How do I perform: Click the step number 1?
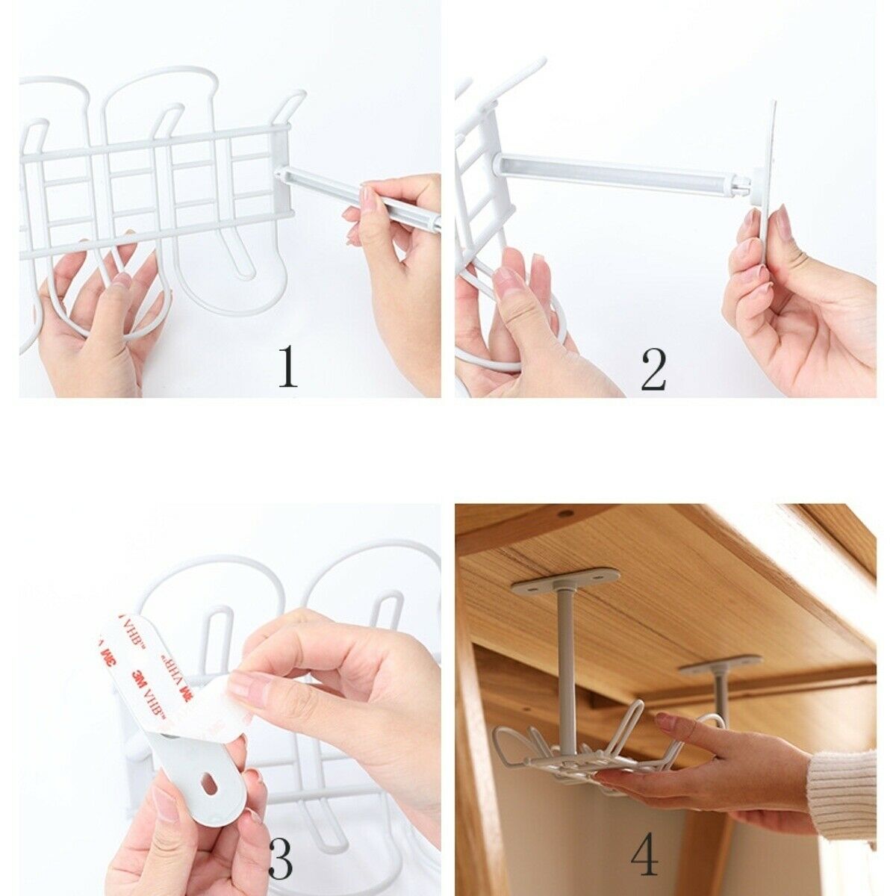tap(288, 366)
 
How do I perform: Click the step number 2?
tap(653, 368)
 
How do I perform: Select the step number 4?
tap(644, 854)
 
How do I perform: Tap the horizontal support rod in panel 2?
tap(620, 172)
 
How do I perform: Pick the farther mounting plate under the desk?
tap(719, 663)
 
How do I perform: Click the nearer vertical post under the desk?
tap(566, 657)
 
